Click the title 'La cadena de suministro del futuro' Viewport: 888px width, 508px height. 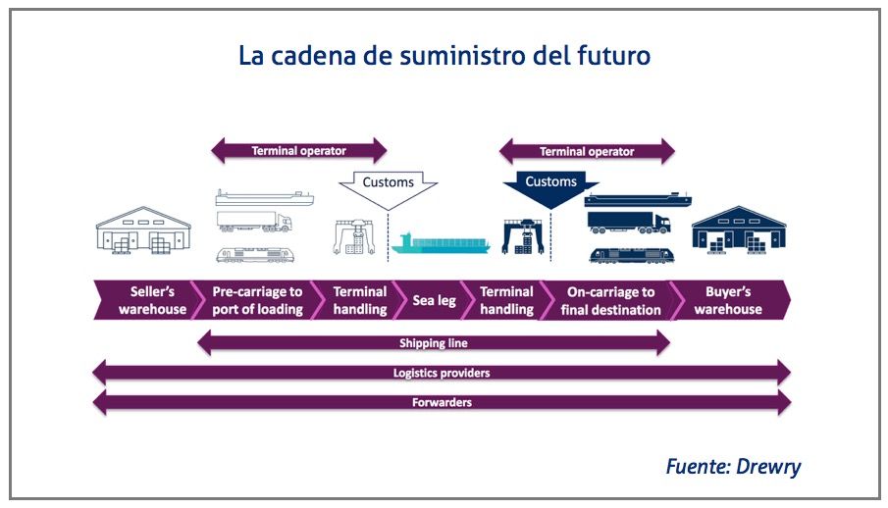coord(444,56)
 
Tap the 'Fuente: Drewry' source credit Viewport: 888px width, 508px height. coord(733,466)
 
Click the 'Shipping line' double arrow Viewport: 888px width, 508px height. coord(434,342)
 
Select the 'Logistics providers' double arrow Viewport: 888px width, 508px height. coord(442,373)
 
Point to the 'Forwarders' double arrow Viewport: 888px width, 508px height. coord(442,403)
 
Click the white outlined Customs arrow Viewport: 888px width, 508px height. coord(389,188)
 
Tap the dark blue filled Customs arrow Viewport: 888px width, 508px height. coord(550,188)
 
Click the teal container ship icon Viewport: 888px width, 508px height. coord(441,243)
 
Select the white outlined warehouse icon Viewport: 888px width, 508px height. coord(143,229)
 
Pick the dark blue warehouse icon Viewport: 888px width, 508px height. coord(739,229)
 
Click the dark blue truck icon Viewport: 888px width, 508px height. coord(629,223)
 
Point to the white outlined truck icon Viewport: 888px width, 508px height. coord(255,222)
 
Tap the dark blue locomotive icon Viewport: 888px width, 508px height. coord(632,255)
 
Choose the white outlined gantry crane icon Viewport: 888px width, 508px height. coord(354,237)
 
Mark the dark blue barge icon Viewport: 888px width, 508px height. coord(638,199)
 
